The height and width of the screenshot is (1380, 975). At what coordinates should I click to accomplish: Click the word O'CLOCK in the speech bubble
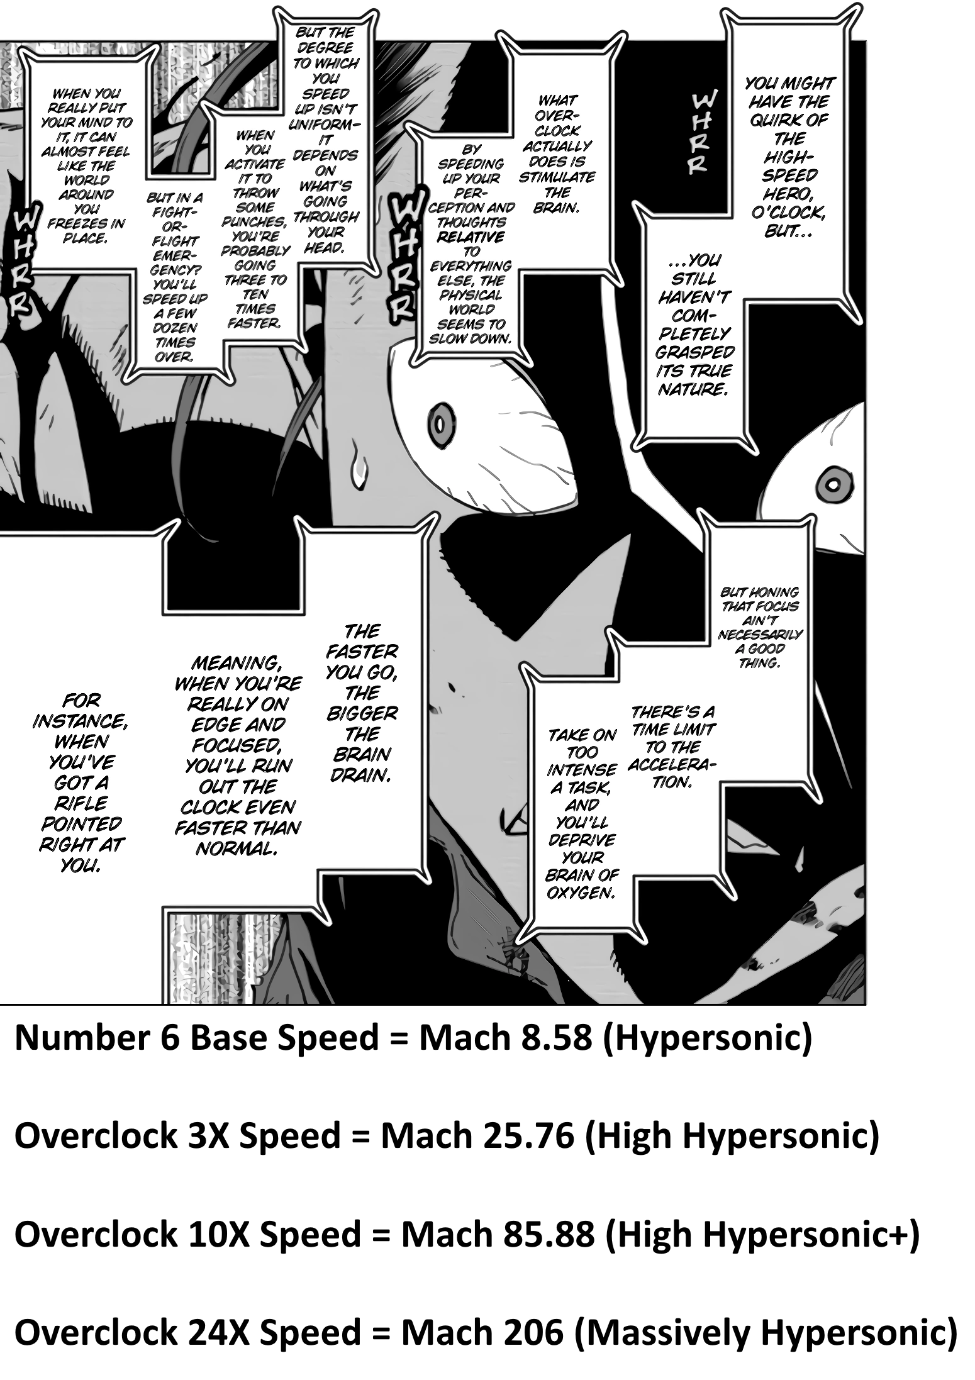pyautogui.click(x=788, y=213)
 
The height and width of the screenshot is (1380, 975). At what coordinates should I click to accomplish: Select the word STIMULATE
pyautogui.click(x=557, y=177)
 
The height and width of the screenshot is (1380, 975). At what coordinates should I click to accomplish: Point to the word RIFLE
pyautogui.click(x=81, y=803)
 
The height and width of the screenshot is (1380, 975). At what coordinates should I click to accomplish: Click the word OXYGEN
pyautogui.click(x=580, y=893)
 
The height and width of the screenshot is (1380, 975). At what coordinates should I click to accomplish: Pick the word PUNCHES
pyautogui.click(x=254, y=222)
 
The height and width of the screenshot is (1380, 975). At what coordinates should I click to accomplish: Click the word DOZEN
pyautogui.click(x=174, y=328)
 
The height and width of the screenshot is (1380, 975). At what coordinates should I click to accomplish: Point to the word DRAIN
pyautogui.click(x=361, y=775)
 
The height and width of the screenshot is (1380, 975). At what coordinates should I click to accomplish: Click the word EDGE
pyautogui.click(x=212, y=725)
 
